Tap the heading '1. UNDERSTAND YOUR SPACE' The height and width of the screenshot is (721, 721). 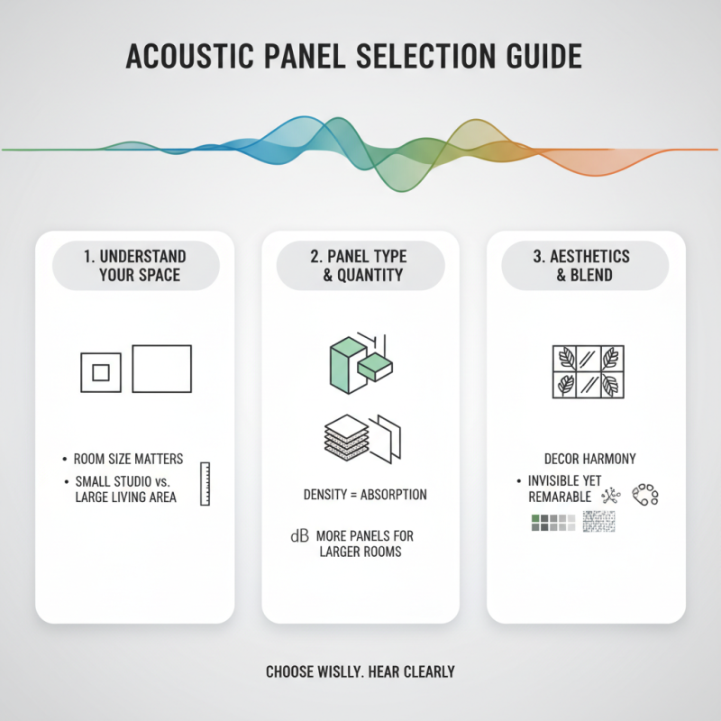click(x=134, y=265)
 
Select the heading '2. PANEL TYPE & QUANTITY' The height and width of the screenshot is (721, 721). click(x=360, y=265)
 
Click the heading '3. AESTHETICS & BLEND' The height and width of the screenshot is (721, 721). click(x=585, y=265)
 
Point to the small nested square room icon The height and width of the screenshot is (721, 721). click(x=101, y=371)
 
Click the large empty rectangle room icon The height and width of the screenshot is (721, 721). click(x=162, y=369)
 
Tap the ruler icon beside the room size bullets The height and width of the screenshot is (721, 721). click(x=205, y=484)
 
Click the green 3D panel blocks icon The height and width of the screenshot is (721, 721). click(x=358, y=358)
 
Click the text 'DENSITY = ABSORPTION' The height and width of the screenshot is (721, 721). click(x=365, y=496)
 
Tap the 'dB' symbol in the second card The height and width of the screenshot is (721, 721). click(x=299, y=536)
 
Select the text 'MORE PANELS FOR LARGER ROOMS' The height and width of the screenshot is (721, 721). click(x=365, y=543)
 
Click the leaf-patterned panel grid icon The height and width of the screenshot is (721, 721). click(x=587, y=371)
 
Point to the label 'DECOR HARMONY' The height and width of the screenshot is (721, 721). click(x=589, y=459)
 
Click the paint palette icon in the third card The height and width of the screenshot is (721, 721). click(x=645, y=494)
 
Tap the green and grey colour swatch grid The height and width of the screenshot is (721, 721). click(x=552, y=522)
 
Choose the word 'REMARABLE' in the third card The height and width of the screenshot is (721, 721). click(x=559, y=497)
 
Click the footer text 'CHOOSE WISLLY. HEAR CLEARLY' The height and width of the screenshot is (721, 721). click(x=360, y=671)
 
